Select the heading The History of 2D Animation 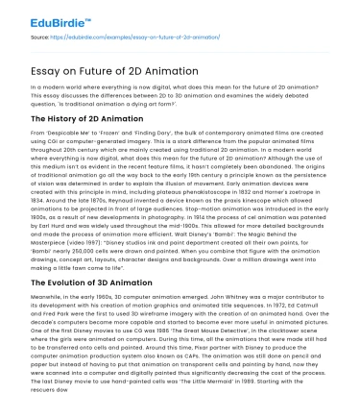(x=84, y=116)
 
